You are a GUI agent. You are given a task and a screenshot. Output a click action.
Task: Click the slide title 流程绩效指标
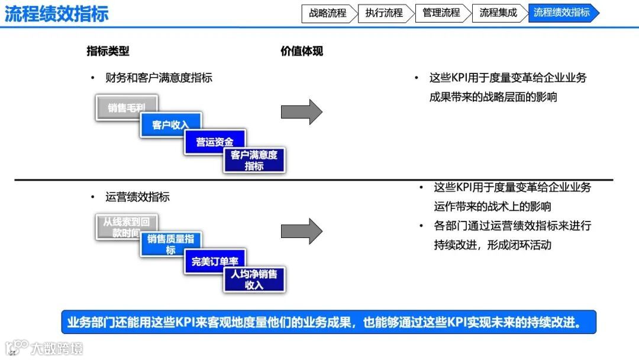point(57,14)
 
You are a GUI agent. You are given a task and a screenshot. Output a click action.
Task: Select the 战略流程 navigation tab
point(327,13)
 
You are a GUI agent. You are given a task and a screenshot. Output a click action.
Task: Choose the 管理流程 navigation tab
point(441,13)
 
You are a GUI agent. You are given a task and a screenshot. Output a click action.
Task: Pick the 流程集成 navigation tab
point(498,13)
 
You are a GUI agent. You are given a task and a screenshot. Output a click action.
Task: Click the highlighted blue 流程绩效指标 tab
point(561,13)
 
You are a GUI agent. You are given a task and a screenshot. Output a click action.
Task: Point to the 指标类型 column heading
point(108,51)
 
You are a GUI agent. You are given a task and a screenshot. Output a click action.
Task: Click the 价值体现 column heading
point(302,51)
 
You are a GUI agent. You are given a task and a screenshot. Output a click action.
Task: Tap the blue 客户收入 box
point(170,125)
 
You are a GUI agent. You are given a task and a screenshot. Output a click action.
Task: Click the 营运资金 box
point(215,142)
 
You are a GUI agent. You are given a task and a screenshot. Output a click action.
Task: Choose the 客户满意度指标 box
point(254,160)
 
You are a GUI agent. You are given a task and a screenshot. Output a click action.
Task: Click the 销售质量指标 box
point(170,243)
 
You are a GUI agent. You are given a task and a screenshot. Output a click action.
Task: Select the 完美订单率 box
point(215,261)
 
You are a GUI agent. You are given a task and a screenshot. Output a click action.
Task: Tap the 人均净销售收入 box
point(254,279)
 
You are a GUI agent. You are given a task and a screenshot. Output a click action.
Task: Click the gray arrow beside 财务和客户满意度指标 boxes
point(301,111)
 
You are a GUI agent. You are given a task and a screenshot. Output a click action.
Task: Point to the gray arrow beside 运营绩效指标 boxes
point(301,231)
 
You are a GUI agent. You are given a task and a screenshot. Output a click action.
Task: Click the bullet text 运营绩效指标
point(137,197)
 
